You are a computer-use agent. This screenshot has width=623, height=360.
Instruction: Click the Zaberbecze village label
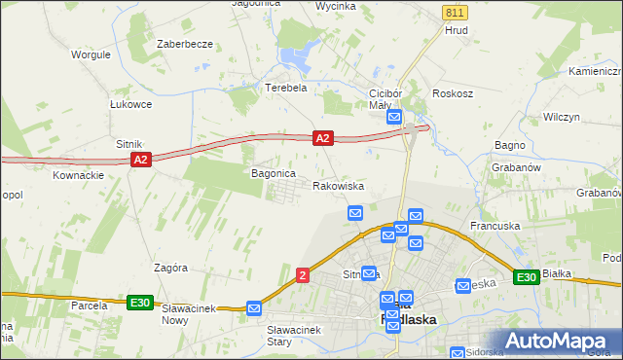pyautogui.click(x=185, y=45)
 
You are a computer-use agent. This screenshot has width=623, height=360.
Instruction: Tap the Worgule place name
pyautogui.click(x=90, y=54)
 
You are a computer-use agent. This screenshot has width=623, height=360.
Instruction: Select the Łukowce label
pyautogui.click(x=130, y=104)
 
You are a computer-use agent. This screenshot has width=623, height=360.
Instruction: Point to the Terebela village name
pyautogui.click(x=286, y=87)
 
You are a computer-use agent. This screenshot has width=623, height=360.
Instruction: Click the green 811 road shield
pyautogui.click(x=454, y=12)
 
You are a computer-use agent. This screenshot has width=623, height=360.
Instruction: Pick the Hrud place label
pyautogui.click(x=457, y=30)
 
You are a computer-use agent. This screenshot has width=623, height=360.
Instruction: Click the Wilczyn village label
pyautogui.click(x=562, y=116)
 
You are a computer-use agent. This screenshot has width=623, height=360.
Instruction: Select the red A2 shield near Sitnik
pyautogui.click(x=140, y=159)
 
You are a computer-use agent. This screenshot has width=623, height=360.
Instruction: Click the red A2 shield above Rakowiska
pyautogui.click(x=324, y=140)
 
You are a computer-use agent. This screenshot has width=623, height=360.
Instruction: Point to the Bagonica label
pyautogui.click(x=273, y=173)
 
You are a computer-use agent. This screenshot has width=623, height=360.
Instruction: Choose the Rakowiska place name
pyautogui.click(x=338, y=185)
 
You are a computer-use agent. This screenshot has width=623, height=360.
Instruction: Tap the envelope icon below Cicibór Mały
pyautogui.click(x=394, y=117)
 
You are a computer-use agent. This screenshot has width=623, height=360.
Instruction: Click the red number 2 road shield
pyautogui.click(x=303, y=276)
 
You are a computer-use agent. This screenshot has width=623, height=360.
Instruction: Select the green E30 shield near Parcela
pyautogui.click(x=140, y=303)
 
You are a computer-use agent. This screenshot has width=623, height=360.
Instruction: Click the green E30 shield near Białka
pyautogui.click(x=527, y=277)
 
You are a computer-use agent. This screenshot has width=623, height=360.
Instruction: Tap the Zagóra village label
pyautogui.click(x=170, y=267)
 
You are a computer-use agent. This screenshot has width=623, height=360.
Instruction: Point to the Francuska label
pyautogui.click(x=495, y=226)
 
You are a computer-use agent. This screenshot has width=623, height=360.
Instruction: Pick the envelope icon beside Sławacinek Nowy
pyautogui.click(x=254, y=307)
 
